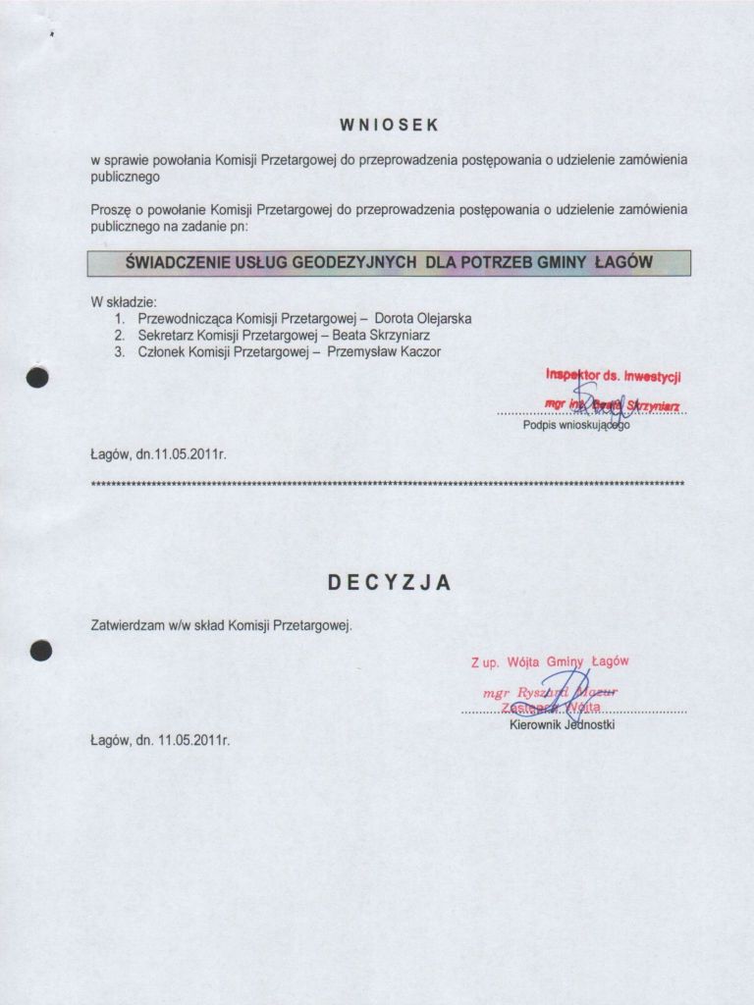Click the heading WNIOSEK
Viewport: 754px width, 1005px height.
tap(390, 126)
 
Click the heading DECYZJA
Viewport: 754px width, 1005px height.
tap(390, 583)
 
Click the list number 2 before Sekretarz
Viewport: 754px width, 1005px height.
tap(119, 336)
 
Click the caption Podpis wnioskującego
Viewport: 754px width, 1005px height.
tap(576, 426)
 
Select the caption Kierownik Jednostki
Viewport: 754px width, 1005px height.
tap(563, 726)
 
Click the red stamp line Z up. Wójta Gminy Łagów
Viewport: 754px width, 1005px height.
tap(550, 662)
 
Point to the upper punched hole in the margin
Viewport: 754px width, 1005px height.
tap(38, 381)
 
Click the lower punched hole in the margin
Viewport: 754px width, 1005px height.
tap(39, 650)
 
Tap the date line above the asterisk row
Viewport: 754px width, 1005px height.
tap(158, 455)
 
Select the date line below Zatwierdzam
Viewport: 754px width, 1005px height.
tap(160, 741)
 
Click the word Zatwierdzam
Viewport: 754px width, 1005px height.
tap(126, 624)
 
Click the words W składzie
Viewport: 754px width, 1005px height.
tap(124, 302)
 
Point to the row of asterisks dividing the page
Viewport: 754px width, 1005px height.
tap(387, 484)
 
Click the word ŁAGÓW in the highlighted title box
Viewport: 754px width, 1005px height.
tap(624, 263)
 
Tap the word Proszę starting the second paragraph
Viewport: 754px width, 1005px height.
tap(110, 210)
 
